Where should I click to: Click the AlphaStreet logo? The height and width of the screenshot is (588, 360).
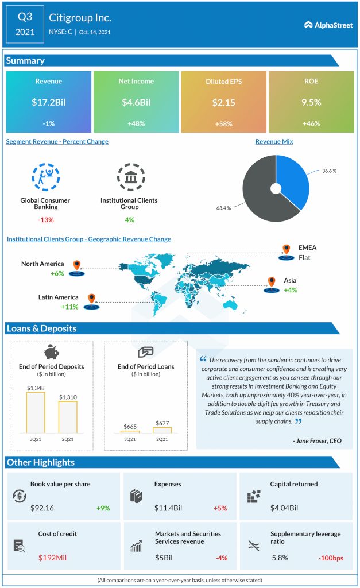(x=328, y=25)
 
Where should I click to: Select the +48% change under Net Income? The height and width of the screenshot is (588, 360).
(x=136, y=123)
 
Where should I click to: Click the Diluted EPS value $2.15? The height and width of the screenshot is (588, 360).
(x=223, y=103)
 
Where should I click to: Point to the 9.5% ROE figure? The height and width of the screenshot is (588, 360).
(x=311, y=103)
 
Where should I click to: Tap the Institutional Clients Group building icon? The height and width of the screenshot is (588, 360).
(x=130, y=177)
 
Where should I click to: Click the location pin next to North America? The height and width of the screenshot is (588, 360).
(x=77, y=266)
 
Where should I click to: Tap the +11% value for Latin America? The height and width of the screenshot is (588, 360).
(x=70, y=307)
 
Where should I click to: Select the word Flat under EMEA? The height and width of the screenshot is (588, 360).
(x=304, y=258)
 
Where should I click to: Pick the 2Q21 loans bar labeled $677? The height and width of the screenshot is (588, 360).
(x=162, y=430)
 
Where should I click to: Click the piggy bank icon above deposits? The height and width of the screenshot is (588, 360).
(x=52, y=352)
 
